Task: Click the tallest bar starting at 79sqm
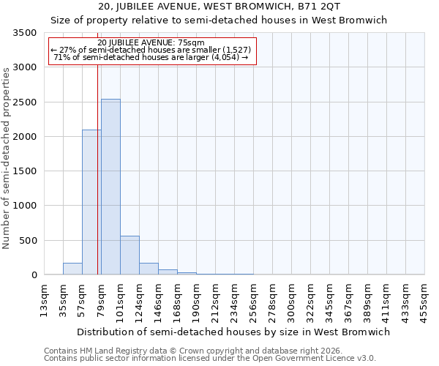[x=110, y=187]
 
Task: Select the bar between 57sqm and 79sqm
[x=91, y=202]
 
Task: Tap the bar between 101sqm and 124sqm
[x=130, y=255]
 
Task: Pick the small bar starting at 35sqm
[x=72, y=269]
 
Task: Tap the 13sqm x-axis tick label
[x=44, y=299]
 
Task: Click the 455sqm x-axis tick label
[x=424, y=299]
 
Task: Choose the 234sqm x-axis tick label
[x=234, y=299]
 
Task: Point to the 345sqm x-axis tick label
[x=329, y=299]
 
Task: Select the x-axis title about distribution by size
[x=234, y=332]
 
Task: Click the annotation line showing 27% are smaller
[x=151, y=50]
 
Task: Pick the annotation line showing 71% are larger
[x=151, y=57]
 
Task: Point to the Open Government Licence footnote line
[x=210, y=358]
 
